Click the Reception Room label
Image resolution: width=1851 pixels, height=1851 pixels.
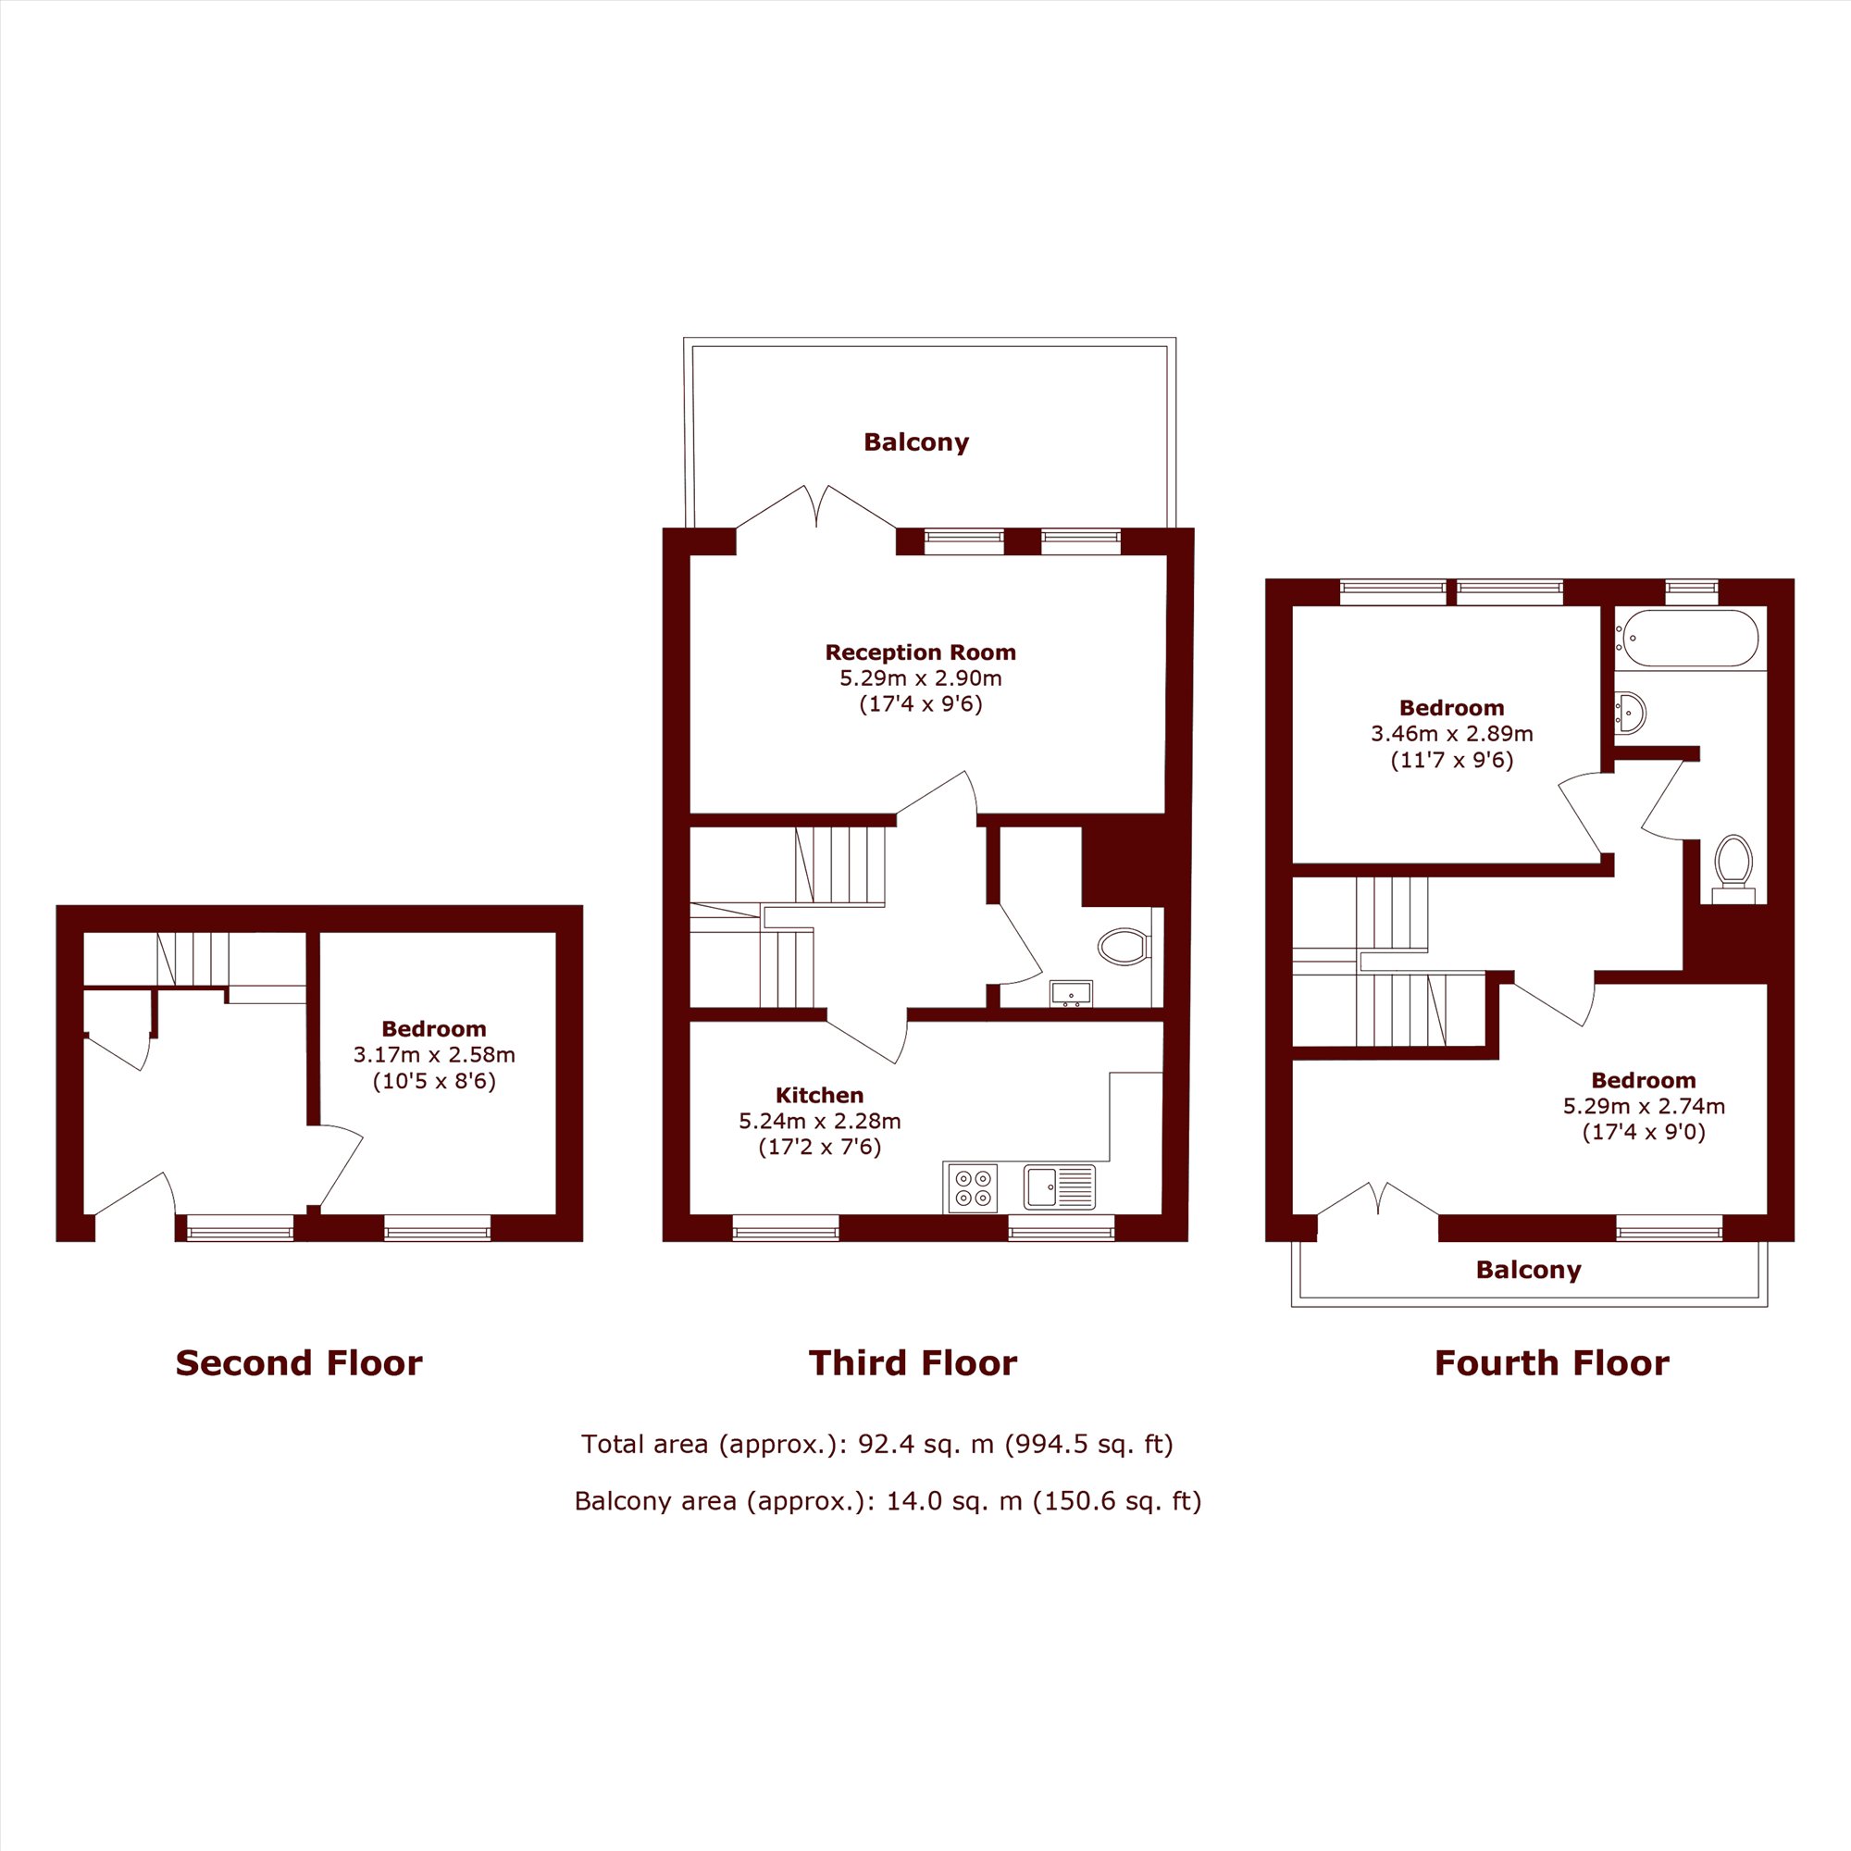[x=920, y=652]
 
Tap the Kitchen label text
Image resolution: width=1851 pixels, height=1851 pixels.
[x=819, y=1095]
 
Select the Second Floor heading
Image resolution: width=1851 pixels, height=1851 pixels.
[x=299, y=1362]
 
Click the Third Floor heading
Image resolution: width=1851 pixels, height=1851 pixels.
[x=913, y=1362]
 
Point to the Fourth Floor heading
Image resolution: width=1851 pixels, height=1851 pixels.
[x=1551, y=1362]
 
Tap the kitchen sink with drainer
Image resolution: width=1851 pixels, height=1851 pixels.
[x=1059, y=1187]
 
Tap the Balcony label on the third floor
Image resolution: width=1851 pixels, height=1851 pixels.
[x=916, y=441]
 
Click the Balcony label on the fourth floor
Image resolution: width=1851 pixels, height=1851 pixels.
[x=1528, y=1270]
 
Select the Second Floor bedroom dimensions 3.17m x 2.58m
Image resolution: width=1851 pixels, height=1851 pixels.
[x=434, y=1055]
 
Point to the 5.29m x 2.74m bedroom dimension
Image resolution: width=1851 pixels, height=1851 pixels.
[x=1644, y=1106]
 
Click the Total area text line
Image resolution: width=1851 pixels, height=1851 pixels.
[x=876, y=1444]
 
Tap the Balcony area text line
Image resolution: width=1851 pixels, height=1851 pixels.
[x=888, y=1499]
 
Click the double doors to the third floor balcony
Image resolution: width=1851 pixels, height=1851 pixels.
[x=816, y=508]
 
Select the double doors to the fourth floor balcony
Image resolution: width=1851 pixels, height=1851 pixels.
[x=1378, y=1199]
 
